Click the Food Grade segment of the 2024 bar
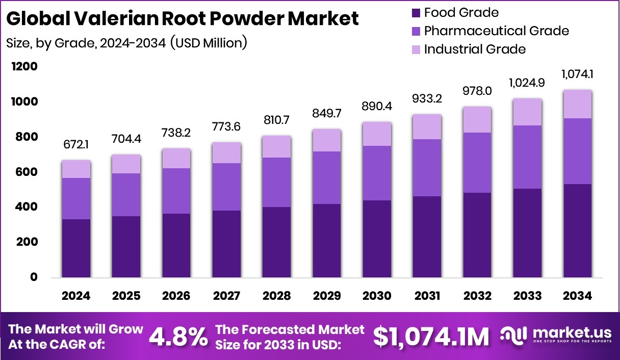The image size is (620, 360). [76, 248]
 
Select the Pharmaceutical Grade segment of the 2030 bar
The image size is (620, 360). [377, 173]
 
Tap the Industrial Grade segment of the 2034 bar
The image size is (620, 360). [578, 104]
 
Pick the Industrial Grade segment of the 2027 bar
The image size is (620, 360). [226, 152]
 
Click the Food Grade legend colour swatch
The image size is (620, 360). [415, 13]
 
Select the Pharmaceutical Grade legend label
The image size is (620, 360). [496, 31]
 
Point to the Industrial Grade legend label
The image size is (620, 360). [475, 49]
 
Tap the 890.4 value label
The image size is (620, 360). [377, 108]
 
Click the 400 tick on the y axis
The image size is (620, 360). [27, 207]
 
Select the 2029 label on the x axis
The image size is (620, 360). [327, 296]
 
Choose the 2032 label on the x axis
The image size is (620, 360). [478, 296]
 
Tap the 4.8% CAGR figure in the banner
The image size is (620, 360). [178, 337]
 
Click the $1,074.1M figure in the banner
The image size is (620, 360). [431, 337]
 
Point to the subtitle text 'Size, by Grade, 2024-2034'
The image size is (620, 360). [87, 43]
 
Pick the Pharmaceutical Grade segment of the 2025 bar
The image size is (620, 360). [126, 195]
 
